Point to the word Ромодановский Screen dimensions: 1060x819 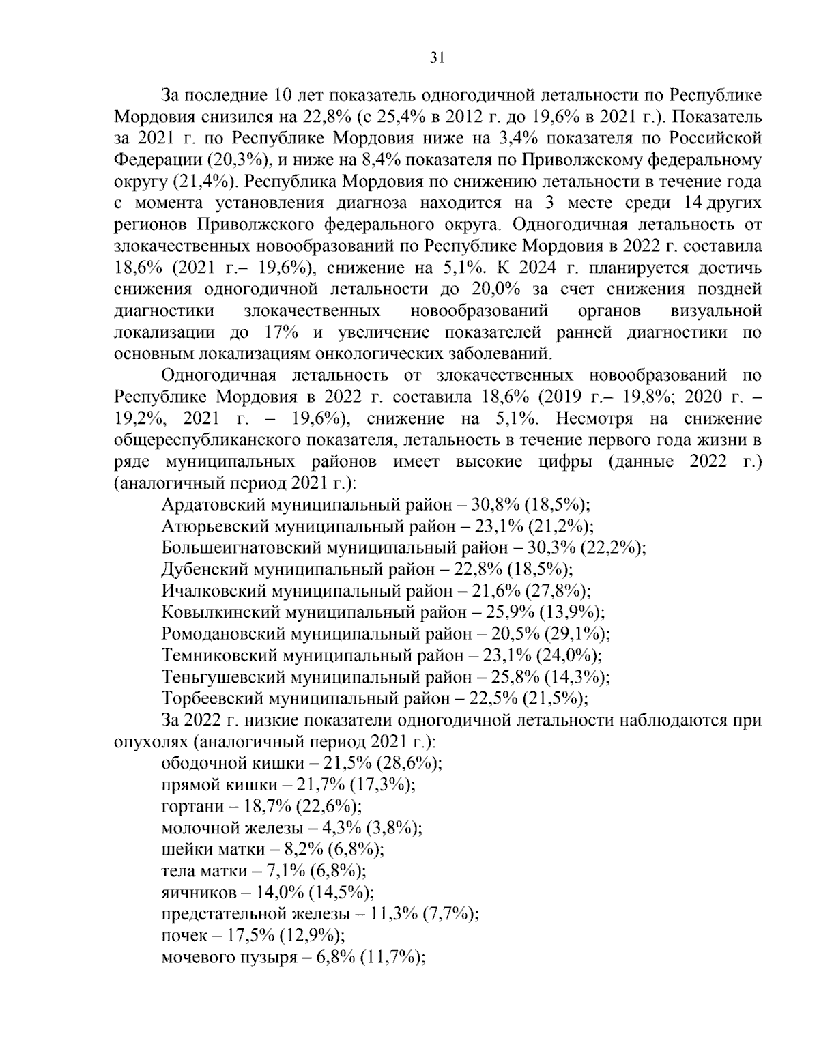[x=224, y=634]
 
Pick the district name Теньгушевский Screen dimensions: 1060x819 [x=223, y=677]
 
